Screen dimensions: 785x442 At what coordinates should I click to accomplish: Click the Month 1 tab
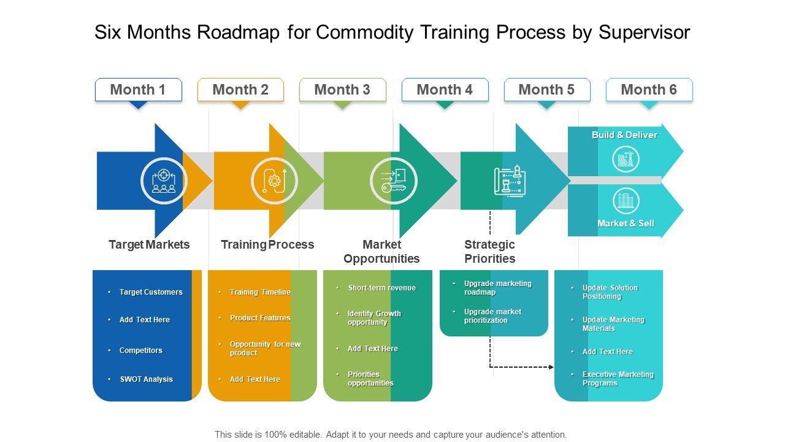coord(138,90)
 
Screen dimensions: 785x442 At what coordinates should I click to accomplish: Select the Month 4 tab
coord(445,90)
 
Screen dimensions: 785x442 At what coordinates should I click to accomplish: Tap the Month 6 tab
coord(649,90)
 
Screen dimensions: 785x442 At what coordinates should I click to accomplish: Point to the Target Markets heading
coord(149,245)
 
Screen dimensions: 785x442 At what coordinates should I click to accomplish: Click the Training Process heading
coord(267,245)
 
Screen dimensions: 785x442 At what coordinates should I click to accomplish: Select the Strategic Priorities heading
coord(489,252)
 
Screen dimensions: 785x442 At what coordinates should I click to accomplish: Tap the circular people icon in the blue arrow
coord(164,181)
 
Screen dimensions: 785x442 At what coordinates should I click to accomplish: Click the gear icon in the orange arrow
coord(274,181)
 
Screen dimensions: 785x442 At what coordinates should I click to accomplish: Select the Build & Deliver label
coord(624,135)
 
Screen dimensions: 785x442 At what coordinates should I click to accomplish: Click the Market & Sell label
coord(626,223)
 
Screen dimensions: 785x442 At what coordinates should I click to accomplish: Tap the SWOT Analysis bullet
coord(146,379)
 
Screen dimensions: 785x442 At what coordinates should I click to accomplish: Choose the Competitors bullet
coord(140,351)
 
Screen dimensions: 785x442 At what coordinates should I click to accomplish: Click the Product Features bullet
coord(260,318)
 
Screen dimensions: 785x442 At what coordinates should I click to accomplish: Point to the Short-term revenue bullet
coord(381,288)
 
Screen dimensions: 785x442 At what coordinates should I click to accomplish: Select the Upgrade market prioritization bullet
coord(492,316)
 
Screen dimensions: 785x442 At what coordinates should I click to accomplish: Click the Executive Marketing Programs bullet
coord(618,379)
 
